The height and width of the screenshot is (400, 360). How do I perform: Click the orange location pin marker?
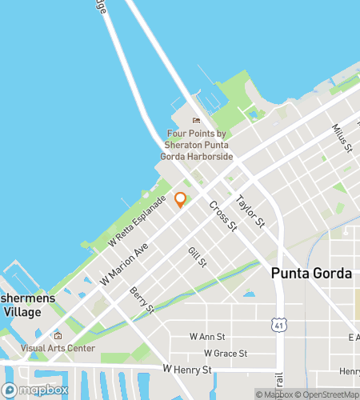pos(181,199)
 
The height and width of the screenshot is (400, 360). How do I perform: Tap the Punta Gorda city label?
pos(311,274)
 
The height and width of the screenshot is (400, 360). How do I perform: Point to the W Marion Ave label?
pos(125,264)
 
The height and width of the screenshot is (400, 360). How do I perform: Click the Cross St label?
pos(223,216)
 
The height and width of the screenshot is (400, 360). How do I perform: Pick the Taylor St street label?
pos(250,210)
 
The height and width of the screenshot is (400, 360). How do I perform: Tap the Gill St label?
pos(197,258)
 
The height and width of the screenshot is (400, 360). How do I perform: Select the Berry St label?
pos(141,302)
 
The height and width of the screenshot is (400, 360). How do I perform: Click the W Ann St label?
pos(209,337)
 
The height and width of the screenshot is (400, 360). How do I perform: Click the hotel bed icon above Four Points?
pos(197,121)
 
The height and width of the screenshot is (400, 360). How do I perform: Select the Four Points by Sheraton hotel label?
pos(199,146)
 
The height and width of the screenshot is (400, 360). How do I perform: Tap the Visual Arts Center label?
pos(58,348)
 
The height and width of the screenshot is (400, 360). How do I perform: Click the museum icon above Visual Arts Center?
pos(58,336)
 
